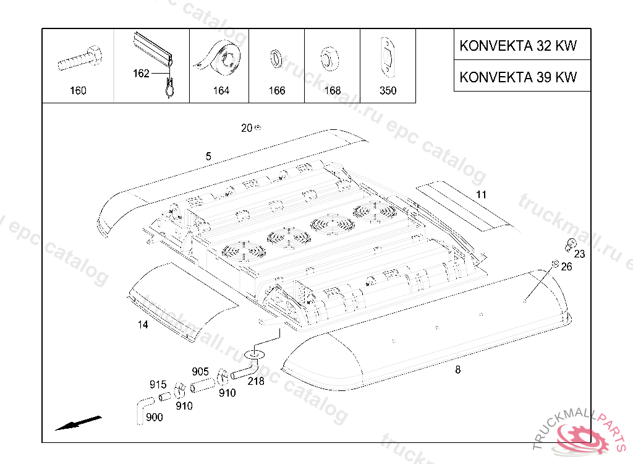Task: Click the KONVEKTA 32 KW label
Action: point(518,46)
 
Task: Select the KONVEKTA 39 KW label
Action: point(518,77)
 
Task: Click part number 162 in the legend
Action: point(141,74)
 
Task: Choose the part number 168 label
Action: point(333,91)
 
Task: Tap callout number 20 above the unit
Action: point(247,128)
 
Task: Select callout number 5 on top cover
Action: point(208,157)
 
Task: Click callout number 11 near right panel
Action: point(481,194)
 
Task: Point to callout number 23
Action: point(579,254)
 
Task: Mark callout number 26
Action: point(566,267)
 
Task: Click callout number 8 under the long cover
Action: point(457,370)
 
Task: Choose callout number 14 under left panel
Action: point(143,325)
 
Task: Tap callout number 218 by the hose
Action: point(256,381)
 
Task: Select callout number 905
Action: point(200,371)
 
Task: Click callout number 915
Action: point(158,384)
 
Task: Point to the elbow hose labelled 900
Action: point(140,409)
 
